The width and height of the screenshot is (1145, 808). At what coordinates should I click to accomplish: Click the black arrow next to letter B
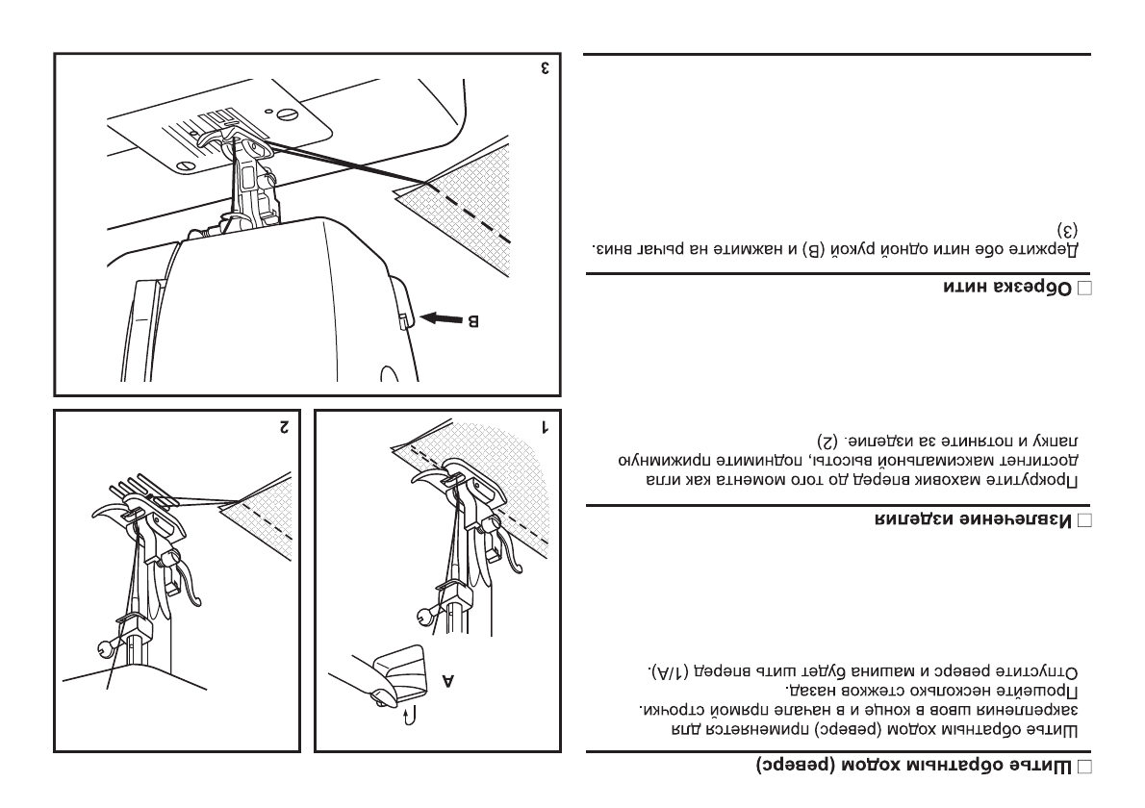point(440,318)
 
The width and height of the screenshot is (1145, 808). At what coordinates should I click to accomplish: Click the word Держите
point(1054,248)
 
